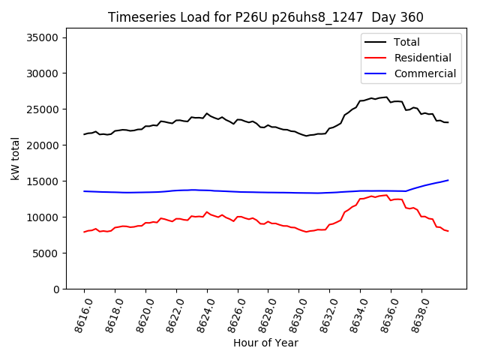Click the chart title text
tap(265, 17)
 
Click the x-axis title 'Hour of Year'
tap(265, 343)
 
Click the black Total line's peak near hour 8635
tap(386, 97)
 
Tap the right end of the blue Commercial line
tap(448, 180)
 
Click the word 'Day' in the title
tap(379, 17)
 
